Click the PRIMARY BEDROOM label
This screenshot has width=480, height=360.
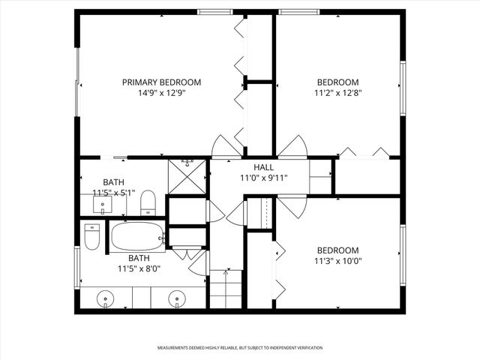point(161,82)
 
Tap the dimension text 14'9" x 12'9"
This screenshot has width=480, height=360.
point(161,94)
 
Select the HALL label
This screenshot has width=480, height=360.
point(263,167)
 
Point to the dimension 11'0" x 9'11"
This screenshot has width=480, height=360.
point(263,178)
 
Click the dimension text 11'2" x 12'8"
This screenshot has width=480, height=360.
point(337,94)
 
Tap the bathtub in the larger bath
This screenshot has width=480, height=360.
point(137,236)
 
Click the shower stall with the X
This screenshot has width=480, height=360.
point(187,176)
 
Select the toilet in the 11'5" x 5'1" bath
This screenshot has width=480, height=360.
point(148,202)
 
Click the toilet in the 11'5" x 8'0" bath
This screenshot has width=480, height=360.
point(91,237)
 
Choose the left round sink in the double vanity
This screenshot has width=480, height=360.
point(105,298)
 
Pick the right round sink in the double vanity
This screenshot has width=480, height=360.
point(178,298)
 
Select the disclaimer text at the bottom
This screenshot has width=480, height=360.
point(239,348)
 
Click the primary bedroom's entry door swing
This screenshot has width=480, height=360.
point(226,147)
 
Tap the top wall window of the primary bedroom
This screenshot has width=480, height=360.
point(215,11)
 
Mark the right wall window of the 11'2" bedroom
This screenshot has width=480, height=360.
point(403,88)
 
